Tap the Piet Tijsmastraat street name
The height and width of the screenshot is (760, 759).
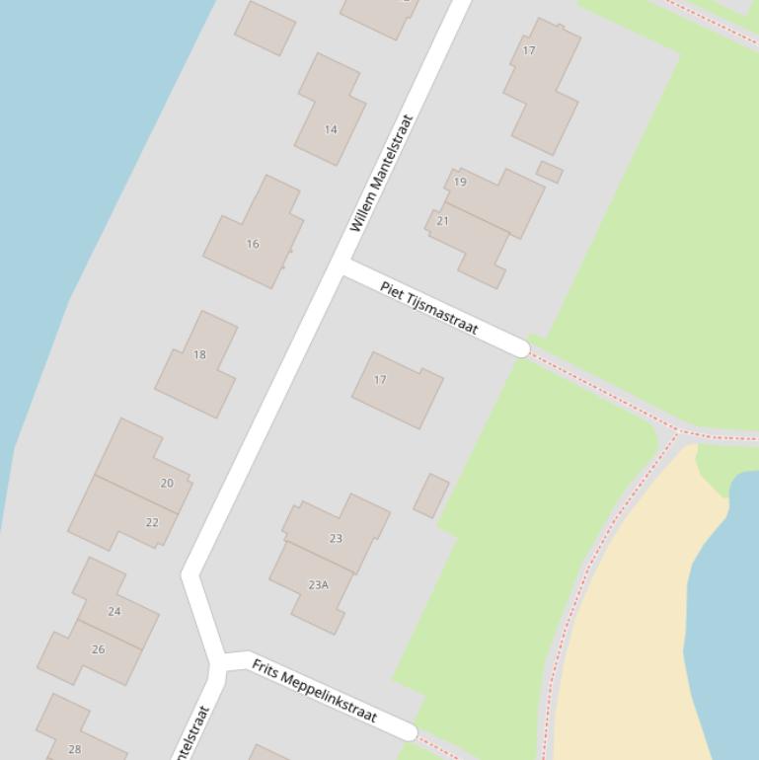429,308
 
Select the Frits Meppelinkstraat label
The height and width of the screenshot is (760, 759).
314,691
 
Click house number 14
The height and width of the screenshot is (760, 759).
331,129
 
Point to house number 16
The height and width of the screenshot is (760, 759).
253,244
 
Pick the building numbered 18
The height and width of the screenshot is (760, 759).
199,354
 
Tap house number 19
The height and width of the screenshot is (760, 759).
460,182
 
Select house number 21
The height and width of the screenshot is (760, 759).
442,221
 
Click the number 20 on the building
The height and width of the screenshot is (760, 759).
167,483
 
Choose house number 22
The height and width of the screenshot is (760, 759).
152,522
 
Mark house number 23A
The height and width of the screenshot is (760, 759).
318,585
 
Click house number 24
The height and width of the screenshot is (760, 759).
114,611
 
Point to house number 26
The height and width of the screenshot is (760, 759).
98,649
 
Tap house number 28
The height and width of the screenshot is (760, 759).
74,749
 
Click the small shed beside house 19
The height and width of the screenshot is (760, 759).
550,172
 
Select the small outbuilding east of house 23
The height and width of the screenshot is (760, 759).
431,495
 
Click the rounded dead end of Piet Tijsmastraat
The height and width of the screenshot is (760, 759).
520,347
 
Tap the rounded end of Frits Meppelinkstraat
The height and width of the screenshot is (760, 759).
408,730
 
